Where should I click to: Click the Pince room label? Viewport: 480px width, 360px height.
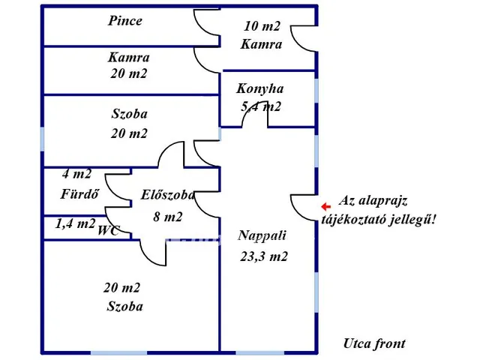pos(125,21)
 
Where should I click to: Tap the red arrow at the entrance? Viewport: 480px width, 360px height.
pos(326,207)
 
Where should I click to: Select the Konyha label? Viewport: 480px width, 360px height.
pos(260,88)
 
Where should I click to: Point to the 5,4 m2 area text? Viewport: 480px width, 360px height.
pos(261,106)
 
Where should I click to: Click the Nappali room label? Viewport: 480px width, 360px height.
pos(262,235)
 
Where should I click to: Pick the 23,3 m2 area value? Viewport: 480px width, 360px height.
pos(264,256)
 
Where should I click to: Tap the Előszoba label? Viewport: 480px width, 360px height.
pos(167,195)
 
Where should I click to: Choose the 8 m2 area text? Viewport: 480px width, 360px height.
pos(168,217)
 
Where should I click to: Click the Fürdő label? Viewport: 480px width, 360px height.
pos(79,193)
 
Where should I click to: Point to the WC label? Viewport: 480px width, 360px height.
pos(108,230)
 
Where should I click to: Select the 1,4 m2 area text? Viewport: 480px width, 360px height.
pos(75,223)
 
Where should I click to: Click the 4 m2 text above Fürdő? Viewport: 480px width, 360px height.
pos(76,174)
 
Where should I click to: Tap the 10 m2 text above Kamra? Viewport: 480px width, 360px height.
pos(262,26)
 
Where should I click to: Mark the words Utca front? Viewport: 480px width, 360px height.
pos(375,343)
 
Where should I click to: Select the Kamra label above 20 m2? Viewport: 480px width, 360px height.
pos(129,57)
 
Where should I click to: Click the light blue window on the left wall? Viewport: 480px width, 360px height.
pos(42,139)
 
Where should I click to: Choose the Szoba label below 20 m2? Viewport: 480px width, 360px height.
pos(125,306)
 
